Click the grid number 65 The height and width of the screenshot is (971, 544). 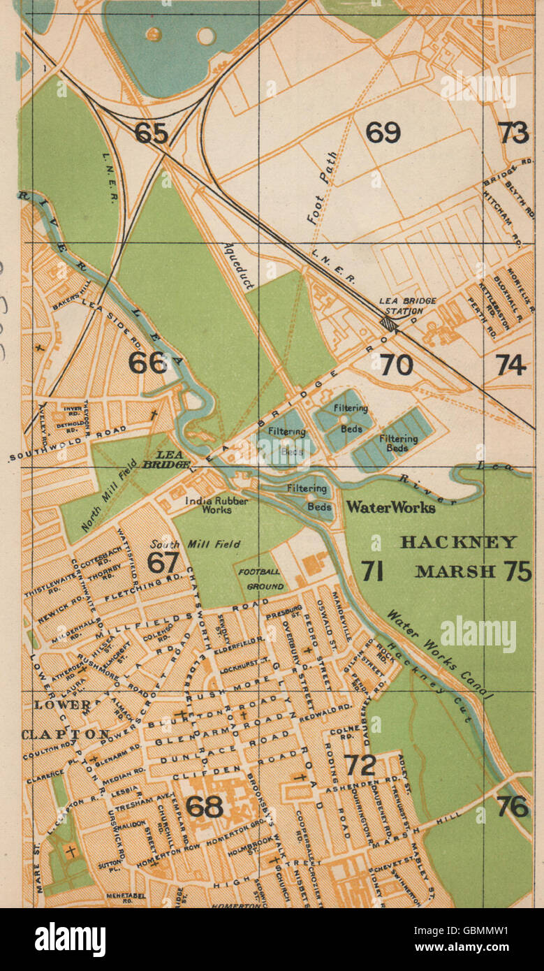[x=152, y=133]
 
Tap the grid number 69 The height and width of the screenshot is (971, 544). [x=383, y=132]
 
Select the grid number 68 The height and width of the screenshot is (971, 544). [x=205, y=806]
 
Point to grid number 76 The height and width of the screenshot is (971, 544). [x=514, y=806]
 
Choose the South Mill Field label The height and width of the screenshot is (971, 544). [x=196, y=544]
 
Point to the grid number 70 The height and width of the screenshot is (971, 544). [x=396, y=364]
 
